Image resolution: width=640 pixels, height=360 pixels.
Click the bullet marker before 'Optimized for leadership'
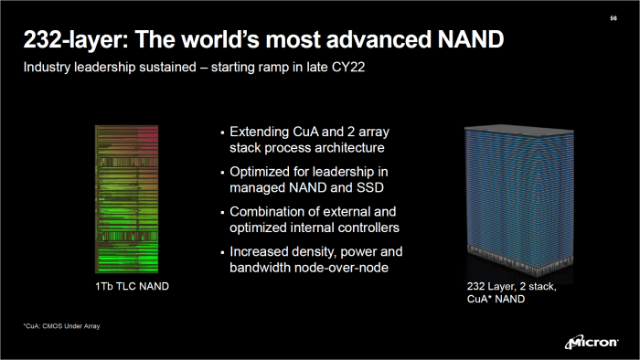click(222, 171)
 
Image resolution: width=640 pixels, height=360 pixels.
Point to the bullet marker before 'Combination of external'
click(222, 211)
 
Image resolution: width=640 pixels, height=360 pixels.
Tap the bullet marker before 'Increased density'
click(222, 251)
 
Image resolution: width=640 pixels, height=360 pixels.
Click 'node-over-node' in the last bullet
click(352, 267)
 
